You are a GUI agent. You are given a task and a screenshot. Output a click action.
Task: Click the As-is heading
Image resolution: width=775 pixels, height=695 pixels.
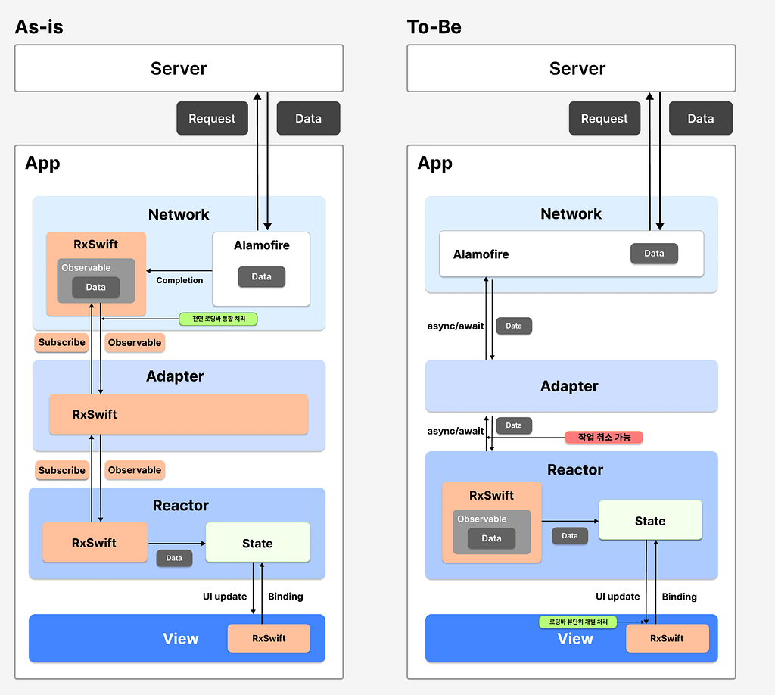pyautogui.click(x=39, y=26)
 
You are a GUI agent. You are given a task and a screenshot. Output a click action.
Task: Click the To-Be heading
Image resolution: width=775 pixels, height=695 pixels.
pyautogui.click(x=434, y=26)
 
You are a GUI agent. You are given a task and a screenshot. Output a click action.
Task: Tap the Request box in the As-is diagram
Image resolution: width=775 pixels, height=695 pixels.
pyautogui.click(x=212, y=118)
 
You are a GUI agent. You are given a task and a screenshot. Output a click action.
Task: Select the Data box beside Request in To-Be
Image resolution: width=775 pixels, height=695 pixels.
pyautogui.click(x=700, y=118)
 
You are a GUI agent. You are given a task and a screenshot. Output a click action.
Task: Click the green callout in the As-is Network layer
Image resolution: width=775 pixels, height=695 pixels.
pyautogui.click(x=218, y=319)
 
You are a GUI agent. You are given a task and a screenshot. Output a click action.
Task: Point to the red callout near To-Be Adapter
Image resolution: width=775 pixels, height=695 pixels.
pyautogui.click(x=604, y=437)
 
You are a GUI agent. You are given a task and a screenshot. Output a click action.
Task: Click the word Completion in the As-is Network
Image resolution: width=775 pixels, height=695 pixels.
pyautogui.click(x=179, y=280)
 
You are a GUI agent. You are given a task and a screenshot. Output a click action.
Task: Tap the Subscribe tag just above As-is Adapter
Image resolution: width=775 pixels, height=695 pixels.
pyautogui.click(x=62, y=342)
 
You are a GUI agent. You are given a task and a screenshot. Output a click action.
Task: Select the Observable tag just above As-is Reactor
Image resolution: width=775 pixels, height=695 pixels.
pyautogui.click(x=135, y=470)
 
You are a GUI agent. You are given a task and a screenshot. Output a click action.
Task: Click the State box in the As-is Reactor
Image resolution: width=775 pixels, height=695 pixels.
pyautogui.click(x=257, y=543)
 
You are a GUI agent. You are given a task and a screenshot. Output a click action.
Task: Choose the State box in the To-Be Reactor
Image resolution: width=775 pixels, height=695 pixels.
pyautogui.click(x=650, y=521)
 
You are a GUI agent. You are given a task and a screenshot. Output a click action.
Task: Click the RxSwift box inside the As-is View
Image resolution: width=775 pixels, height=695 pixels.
pyautogui.click(x=269, y=638)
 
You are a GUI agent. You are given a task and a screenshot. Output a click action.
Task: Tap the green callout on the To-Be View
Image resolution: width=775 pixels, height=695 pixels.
pyautogui.click(x=577, y=622)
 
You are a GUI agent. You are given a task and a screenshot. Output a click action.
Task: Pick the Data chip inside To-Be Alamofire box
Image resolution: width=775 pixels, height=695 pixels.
pyautogui.click(x=654, y=254)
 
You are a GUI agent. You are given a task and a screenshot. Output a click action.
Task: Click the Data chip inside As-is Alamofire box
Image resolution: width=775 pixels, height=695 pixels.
pyautogui.click(x=261, y=277)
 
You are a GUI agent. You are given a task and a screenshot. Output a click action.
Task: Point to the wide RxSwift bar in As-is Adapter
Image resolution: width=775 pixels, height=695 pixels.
pyautogui.click(x=179, y=414)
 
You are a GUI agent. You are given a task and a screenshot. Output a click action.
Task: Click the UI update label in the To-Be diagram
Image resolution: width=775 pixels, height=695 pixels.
pyautogui.click(x=618, y=596)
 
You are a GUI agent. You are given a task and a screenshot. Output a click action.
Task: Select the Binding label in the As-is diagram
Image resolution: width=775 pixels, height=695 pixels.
pyautogui.click(x=285, y=596)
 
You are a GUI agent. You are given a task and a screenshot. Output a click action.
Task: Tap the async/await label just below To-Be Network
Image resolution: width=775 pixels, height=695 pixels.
pyautogui.click(x=455, y=326)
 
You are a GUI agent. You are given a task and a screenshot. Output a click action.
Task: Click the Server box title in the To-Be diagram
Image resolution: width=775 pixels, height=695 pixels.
pyautogui.click(x=577, y=68)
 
